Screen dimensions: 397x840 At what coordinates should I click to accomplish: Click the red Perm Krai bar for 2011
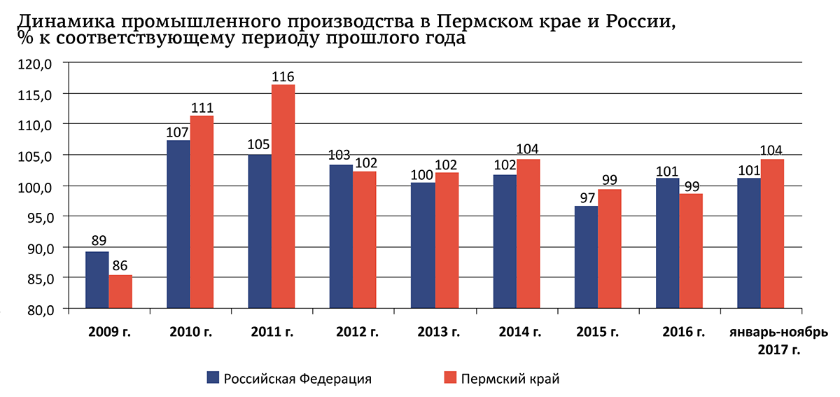coord(283,196)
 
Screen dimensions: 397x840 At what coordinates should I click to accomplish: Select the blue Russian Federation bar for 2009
coord(97,280)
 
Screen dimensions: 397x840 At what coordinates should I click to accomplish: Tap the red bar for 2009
coord(120,292)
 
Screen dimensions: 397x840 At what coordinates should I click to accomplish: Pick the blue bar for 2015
coord(586,257)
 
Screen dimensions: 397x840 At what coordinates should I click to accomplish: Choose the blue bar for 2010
coord(178,224)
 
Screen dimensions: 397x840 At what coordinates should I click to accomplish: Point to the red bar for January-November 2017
coord(772,234)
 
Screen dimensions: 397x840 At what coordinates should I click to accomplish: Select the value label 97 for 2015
coord(586,197)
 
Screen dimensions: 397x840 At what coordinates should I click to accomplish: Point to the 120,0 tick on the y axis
coord(38,63)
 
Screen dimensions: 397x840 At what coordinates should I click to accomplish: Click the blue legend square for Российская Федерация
coord(213,378)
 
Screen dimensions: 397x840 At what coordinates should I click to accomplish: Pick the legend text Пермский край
coord(510,379)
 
